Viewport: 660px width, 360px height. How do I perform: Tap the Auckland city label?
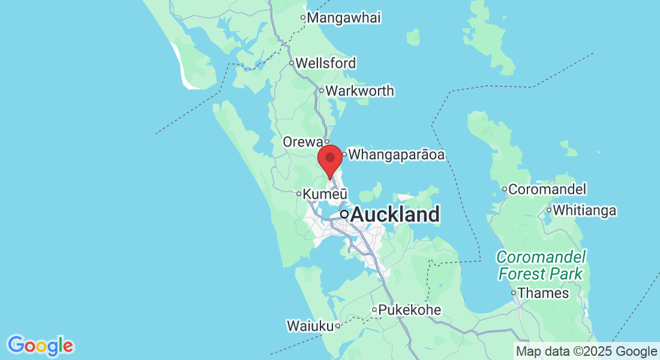[395, 214]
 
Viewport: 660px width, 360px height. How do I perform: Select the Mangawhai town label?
[344, 18]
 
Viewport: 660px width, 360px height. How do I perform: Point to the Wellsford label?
[326, 63]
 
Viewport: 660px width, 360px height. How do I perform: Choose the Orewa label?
[302, 142]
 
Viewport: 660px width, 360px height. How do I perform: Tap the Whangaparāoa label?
[397, 155]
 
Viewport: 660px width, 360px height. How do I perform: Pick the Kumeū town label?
[326, 194]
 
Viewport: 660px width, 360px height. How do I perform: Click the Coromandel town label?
[547, 190]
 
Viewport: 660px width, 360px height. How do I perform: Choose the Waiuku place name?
[310, 326]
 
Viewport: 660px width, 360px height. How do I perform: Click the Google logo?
[40, 346]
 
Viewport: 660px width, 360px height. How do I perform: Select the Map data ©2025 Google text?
[587, 352]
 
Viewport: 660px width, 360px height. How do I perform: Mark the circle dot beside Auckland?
[344, 214]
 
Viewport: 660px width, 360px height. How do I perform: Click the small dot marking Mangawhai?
[303, 18]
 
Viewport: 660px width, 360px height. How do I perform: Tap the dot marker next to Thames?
[514, 293]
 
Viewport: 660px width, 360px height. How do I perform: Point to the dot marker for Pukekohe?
[374, 310]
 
